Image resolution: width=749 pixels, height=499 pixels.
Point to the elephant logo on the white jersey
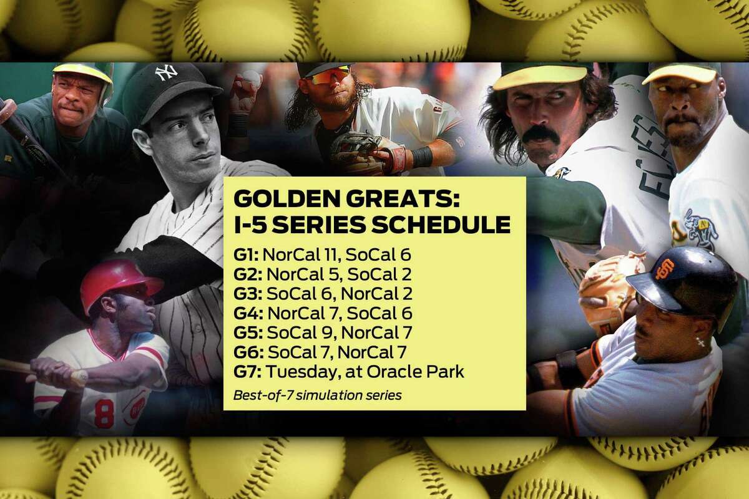pyautogui.click(x=700, y=227)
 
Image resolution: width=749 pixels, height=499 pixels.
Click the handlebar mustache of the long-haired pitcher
pyautogui.click(x=539, y=133)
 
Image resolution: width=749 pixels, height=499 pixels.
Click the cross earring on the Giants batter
pyautogui.click(x=698, y=342)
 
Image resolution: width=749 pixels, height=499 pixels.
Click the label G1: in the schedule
pyautogui.click(x=246, y=255)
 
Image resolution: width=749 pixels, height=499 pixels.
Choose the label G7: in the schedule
pyautogui.click(x=247, y=372)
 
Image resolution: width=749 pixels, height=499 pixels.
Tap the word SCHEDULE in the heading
pyautogui.click(x=441, y=225)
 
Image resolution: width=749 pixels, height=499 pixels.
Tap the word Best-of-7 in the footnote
pyautogui.click(x=263, y=395)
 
